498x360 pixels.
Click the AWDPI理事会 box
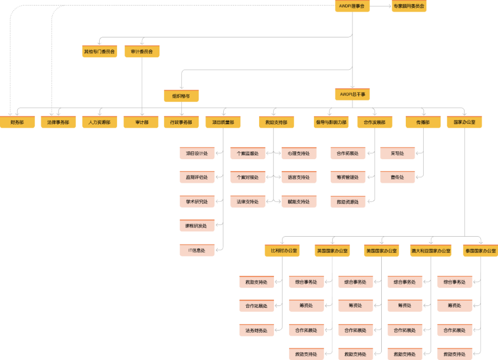pos(352,6)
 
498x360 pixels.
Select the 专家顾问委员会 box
pos(409,6)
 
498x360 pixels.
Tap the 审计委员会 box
pos(142,51)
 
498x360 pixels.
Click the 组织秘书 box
pos(181,96)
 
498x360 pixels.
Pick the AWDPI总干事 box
pos(352,95)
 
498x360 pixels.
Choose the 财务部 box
pos(17,122)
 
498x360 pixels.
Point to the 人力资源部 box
pos(100,122)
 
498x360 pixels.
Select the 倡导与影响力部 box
pos(331,122)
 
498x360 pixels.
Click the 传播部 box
pos(423,122)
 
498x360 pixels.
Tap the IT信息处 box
pos(197,251)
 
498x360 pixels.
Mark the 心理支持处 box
pos(299,153)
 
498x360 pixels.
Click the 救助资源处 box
pos(348,202)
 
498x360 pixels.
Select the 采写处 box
pos(397,153)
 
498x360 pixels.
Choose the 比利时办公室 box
pos(282,251)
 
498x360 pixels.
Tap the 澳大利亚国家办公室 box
pos(431,251)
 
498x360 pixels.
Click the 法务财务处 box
pos(256,330)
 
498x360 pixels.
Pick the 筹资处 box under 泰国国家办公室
pos(455,306)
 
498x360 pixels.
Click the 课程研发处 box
pos(197,226)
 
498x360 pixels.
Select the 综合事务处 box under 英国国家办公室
pos(306,282)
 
